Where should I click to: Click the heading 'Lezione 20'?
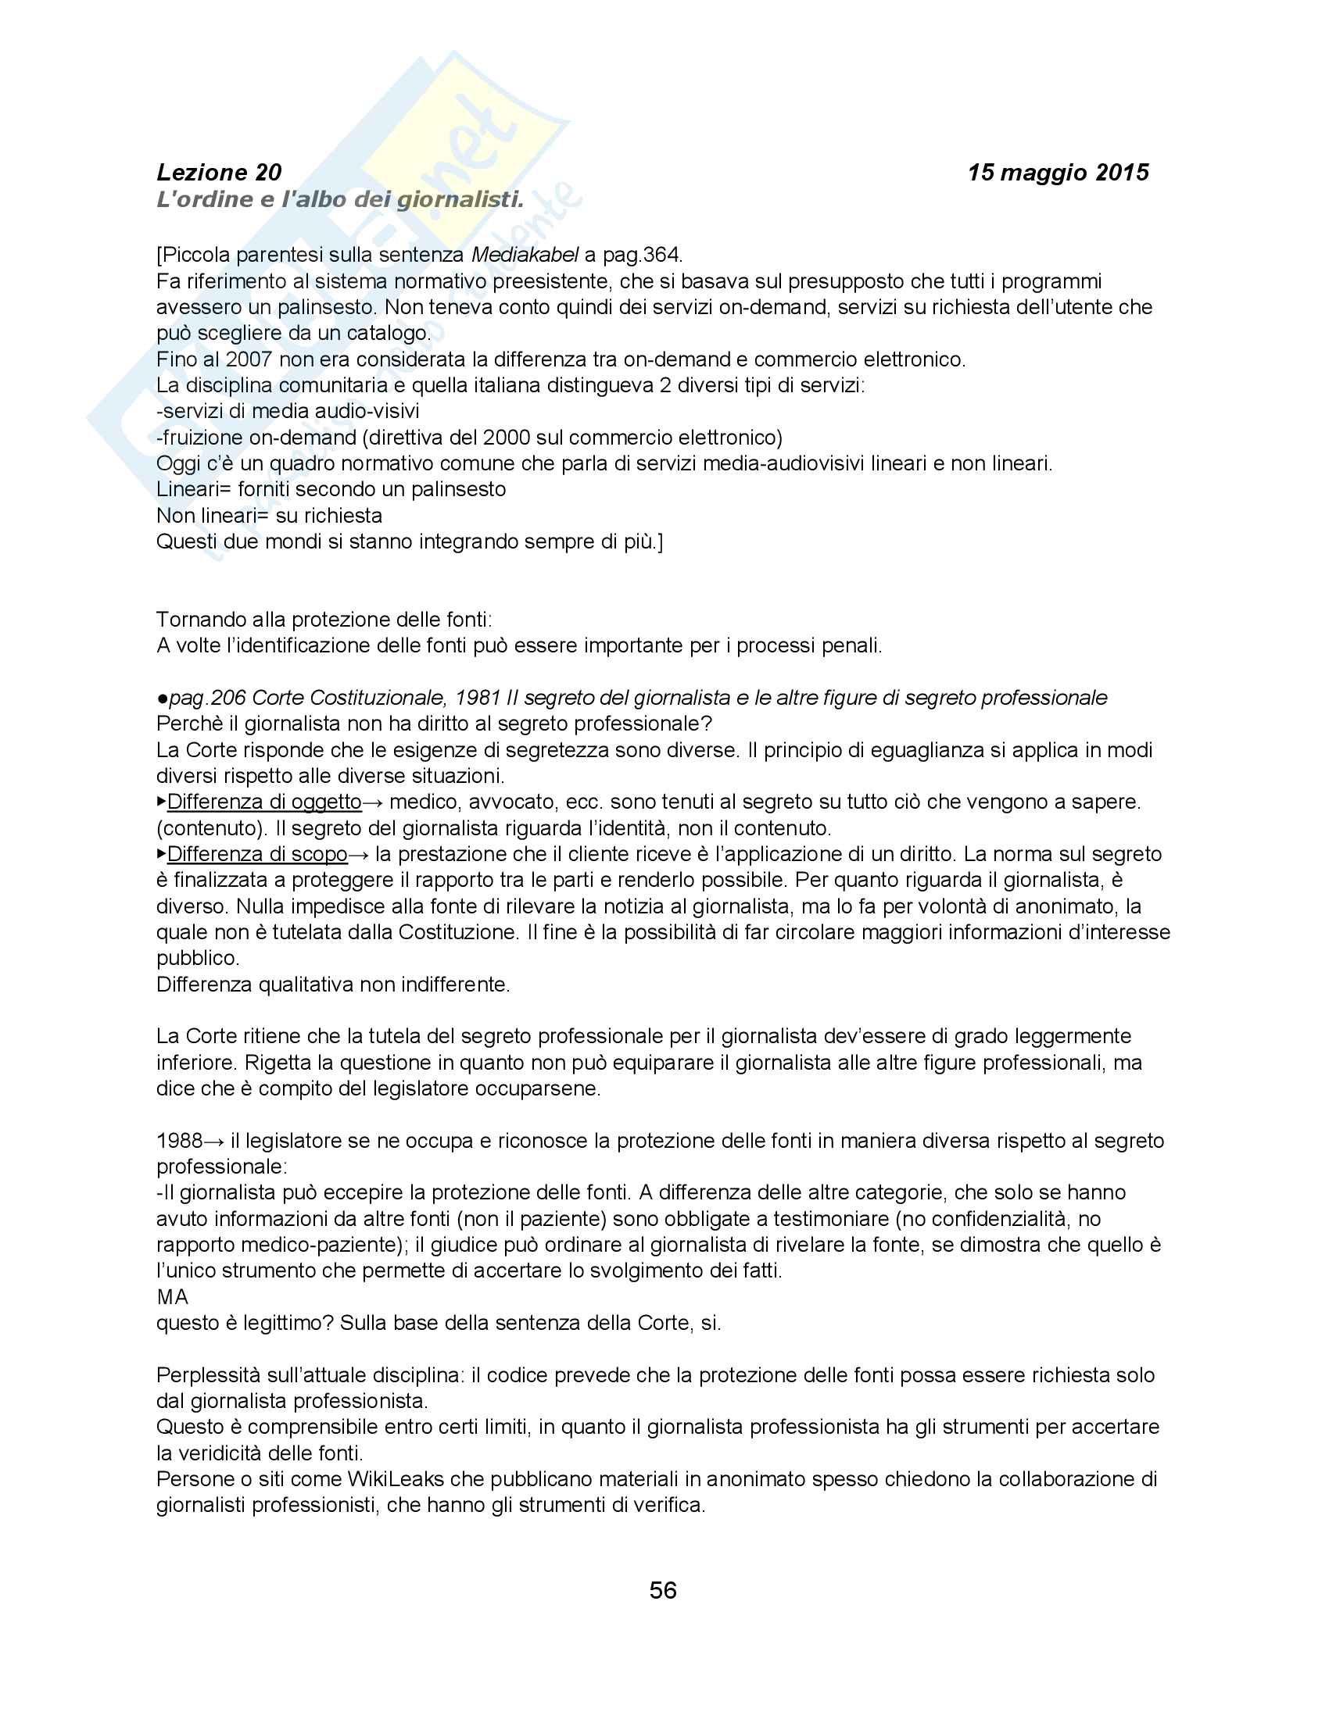tap(219, 173)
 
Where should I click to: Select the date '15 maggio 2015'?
tap(1058, 173)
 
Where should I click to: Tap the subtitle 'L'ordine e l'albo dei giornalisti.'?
tap(339, 200)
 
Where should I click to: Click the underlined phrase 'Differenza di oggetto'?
tap(264, 802)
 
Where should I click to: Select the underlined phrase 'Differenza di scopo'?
tap(257, 854)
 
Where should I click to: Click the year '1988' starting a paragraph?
tap(180, 1141)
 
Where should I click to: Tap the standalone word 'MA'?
tap(173, 1297)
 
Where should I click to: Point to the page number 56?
tap(663, 1591)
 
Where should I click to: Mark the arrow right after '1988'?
tap(214, 1141)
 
